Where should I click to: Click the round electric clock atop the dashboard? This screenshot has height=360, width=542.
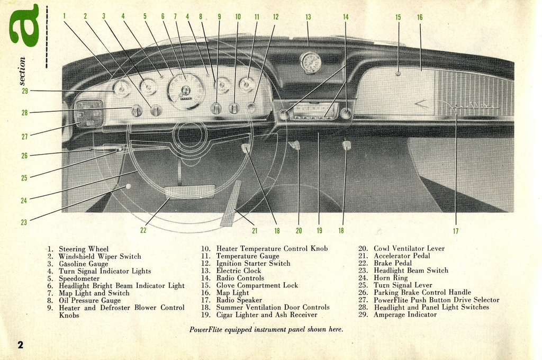(310, 62)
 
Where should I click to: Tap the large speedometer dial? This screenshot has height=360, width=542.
(185, 91)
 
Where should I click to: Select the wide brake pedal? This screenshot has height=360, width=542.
(189, 192)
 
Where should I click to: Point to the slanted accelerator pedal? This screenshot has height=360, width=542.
(231, 203)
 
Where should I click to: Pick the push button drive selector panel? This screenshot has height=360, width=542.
(88, 113)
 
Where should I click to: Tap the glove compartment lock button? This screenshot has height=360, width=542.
(398, 74)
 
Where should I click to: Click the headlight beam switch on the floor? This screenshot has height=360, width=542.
(128, 186)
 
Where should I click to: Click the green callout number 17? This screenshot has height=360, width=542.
(456, 231)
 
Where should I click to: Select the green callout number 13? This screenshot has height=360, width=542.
(308, 17)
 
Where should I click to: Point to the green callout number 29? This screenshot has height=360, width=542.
(24, 91)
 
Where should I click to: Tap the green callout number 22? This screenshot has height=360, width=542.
(143, 230)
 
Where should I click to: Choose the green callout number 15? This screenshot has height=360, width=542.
(398, 17)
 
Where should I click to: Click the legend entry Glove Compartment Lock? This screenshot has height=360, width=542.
(257, 285)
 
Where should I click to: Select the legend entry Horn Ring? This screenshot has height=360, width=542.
(390, 278)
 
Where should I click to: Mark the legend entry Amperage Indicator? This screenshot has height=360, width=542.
(405, 314)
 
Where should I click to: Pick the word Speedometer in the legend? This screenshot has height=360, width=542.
(79, 278)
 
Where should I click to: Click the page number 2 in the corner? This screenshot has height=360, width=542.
(20, 345)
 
